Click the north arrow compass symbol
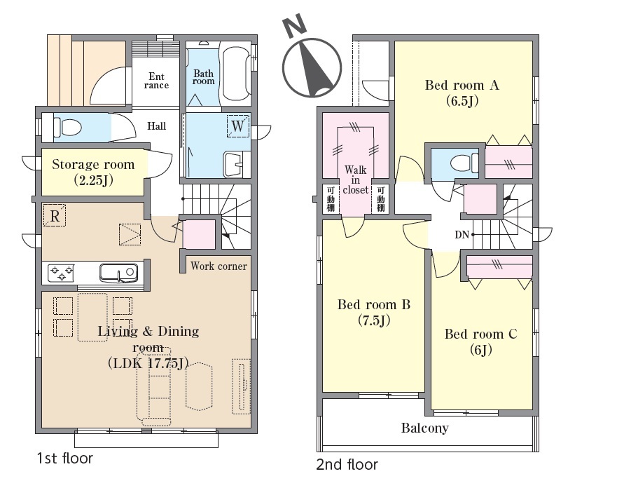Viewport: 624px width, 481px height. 312,68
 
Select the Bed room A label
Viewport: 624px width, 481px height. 462,93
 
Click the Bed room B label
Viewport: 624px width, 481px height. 374,312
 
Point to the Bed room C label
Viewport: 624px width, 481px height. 480,341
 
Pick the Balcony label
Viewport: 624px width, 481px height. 424,428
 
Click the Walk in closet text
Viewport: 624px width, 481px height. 355,180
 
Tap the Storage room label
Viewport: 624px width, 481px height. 93,172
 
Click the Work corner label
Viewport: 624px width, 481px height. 219,266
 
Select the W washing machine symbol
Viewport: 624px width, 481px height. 238,126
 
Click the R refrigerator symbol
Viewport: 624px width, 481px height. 55,215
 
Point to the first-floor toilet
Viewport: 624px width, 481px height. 67,128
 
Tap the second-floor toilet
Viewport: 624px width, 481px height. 464,163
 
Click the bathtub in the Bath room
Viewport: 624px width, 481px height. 236,74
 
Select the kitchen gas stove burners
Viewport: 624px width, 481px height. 62,273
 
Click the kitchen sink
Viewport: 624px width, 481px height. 118,273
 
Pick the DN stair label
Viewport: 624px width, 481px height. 462,235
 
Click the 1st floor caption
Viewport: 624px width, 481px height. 65,459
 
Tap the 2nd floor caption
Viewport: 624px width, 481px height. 347,464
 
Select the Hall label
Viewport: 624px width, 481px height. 156,126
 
